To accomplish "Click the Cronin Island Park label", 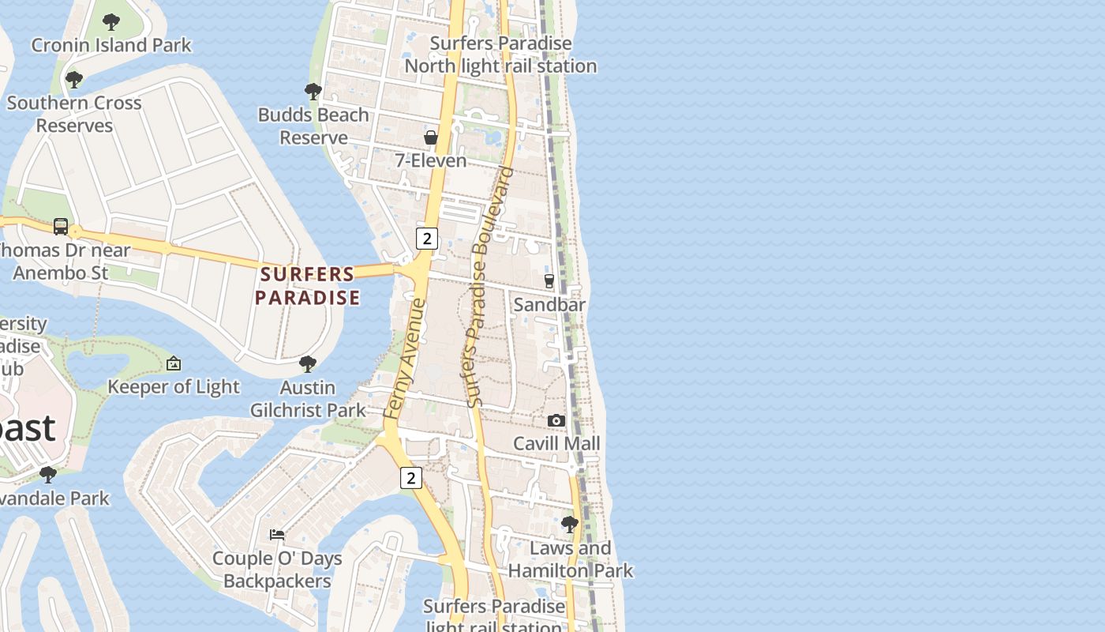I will [x=111, y=45].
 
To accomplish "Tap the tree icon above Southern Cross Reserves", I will [x=74, y=80].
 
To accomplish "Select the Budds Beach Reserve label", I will [x=313, y=126].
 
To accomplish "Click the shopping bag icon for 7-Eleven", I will [x=431, y=137].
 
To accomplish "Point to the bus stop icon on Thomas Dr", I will [x=61, y=227].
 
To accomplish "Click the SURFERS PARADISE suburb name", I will [x=308, y=286].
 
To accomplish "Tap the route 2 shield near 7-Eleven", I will [x=427, y=238].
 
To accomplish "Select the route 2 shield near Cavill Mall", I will [x=411, y=477].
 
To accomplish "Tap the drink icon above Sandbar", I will [x=549, y=281].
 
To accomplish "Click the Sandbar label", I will [x=549, y=304].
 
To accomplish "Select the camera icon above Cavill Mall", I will [x=556, y=421].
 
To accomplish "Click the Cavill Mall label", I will [x=556, y=443].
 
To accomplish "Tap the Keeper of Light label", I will [x=174, y=386].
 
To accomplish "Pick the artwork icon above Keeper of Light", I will [x=174, y=363].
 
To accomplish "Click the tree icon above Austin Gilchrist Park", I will [x=308, y=364].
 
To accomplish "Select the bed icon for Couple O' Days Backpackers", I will [x=277, y=535].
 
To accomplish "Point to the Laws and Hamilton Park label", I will [x=570, y=559].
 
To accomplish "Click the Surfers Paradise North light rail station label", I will [x=500, y=55].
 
